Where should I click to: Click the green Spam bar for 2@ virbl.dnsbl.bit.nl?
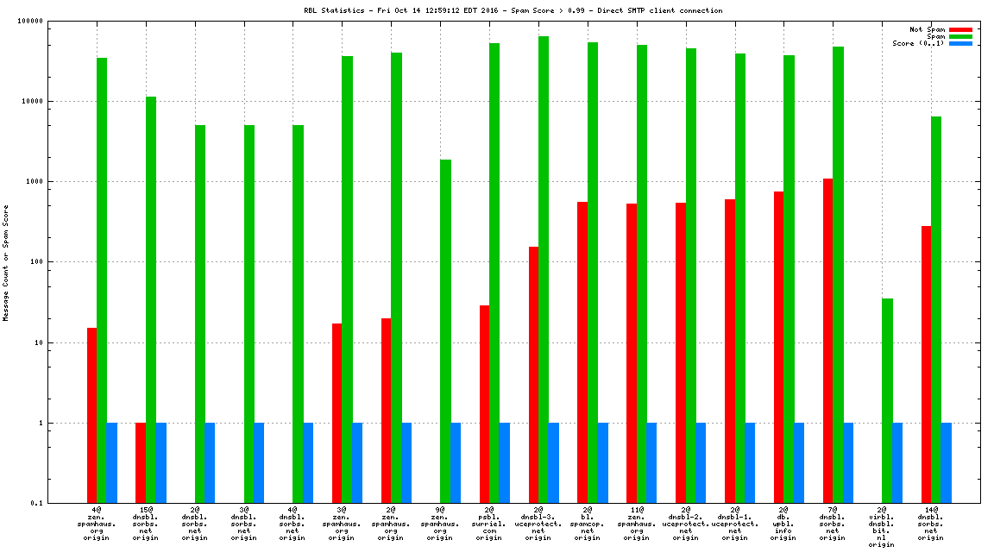(887, 400)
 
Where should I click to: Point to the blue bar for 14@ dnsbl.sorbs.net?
(946, 462)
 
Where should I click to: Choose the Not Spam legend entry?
(928, 29)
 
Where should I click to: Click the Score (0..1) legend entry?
(918, 43)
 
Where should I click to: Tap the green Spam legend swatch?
(960, 36)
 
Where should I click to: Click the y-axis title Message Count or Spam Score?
(6, 262)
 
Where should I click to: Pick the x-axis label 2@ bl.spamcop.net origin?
(587, 524)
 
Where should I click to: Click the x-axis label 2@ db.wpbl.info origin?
(783, 524)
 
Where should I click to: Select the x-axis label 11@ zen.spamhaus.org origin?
(636, 524)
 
